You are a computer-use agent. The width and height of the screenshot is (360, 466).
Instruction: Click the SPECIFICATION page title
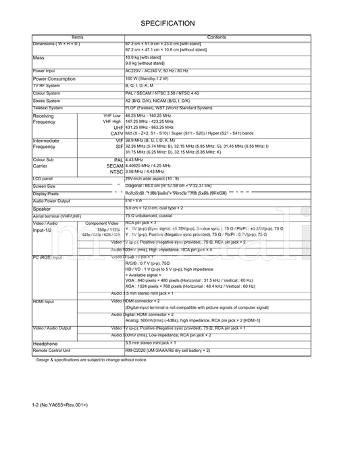(168, 24)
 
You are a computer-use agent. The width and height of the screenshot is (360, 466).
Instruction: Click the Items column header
(78, 37)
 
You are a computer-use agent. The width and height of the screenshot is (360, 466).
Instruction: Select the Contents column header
(217, 37)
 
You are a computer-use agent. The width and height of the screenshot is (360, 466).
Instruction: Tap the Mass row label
(39, 58)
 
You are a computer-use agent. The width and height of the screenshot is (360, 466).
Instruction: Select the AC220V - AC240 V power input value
(157, 71)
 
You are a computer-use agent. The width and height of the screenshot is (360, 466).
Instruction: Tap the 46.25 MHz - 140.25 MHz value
(149, 116)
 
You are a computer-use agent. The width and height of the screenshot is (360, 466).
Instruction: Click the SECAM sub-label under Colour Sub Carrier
(115, 165)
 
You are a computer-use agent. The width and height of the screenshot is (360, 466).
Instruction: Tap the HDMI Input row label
(43, 301)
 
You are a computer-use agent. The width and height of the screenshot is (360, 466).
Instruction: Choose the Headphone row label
(45, 344)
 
